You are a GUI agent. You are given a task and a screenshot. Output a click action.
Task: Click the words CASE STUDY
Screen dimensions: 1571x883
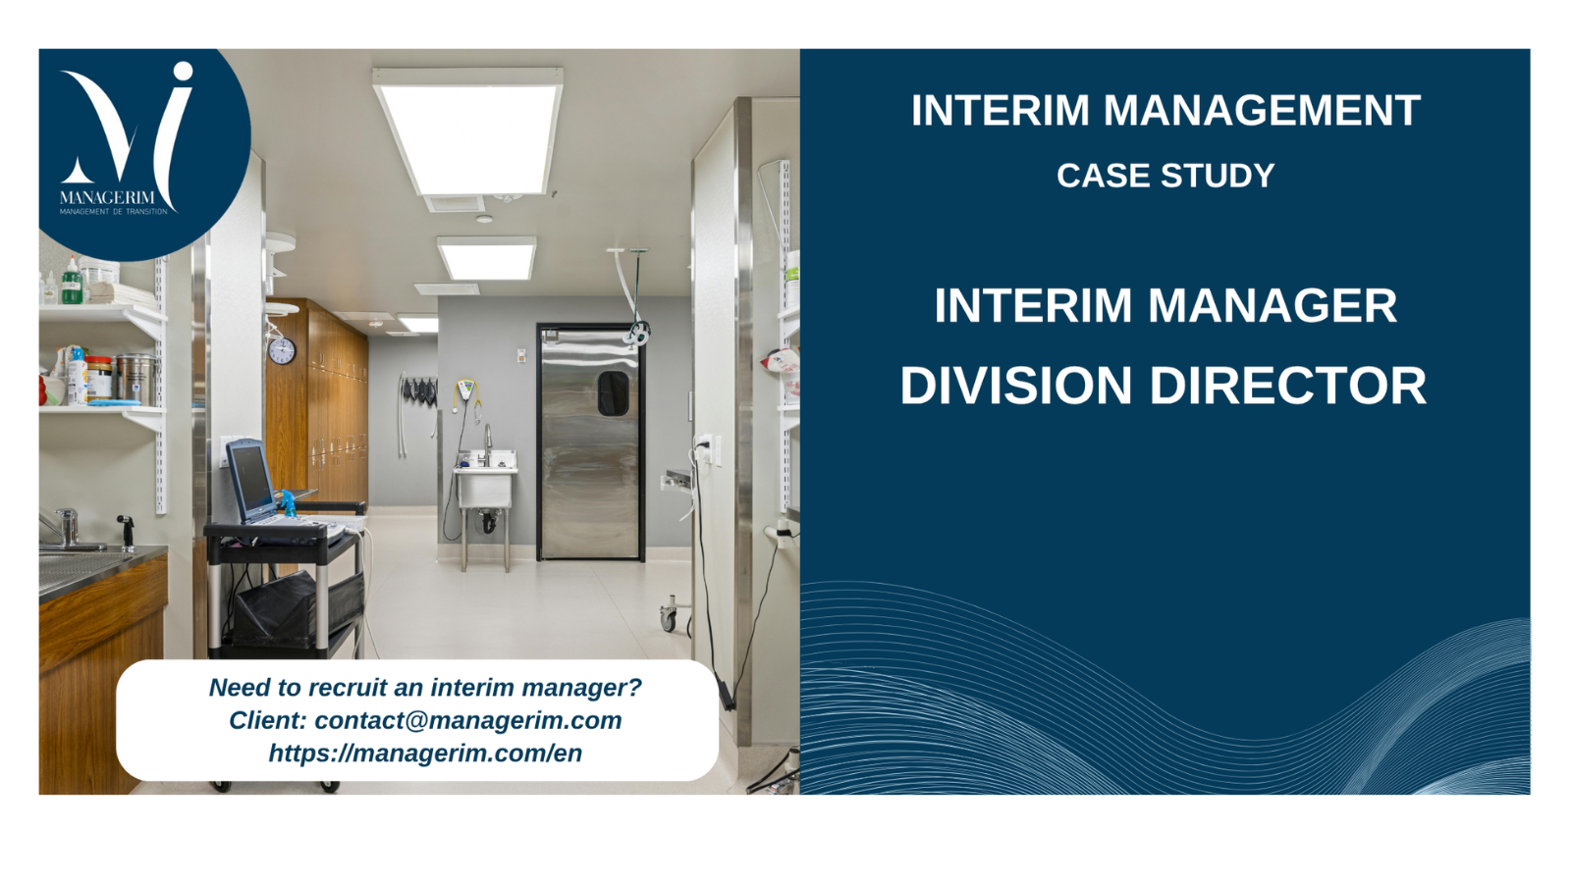(1165, 176)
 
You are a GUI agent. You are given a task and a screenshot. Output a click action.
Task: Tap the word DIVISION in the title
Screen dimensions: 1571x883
(1015, 386)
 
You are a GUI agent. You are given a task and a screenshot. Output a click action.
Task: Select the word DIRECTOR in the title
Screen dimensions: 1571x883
(1288, 386)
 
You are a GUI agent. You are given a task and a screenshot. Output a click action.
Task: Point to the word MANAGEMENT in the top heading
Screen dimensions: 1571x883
(1263, 110)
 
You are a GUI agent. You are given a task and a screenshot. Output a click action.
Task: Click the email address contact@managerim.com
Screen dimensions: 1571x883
(467, 720)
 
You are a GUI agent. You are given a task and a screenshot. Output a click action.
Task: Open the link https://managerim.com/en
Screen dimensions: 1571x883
(425, 753)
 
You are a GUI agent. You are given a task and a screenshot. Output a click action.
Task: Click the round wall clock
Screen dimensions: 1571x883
(281, 350)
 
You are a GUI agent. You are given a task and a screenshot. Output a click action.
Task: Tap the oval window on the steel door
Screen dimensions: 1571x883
(613, 393)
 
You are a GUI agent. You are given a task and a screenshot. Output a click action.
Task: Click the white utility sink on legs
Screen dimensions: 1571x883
(485, 487)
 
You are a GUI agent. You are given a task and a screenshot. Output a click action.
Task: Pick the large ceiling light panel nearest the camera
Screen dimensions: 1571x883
(468, 131)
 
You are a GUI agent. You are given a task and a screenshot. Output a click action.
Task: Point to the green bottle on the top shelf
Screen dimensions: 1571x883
(72, 281)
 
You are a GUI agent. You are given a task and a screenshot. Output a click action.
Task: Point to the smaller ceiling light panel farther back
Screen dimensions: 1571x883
(487, 258)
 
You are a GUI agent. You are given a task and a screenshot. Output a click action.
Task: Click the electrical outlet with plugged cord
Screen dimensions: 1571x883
(706, 450)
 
